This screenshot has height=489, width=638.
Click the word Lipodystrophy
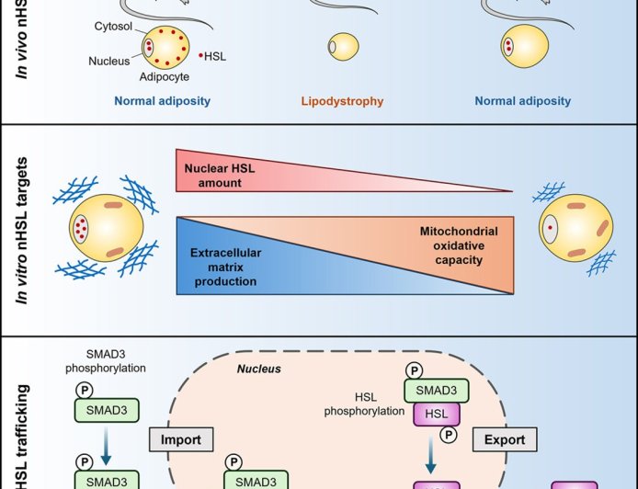pos(341,101)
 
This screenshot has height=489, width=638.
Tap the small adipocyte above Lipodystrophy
pos(344,47)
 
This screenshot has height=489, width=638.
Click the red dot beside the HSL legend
pos(201,56)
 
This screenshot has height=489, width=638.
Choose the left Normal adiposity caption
pos(162,101)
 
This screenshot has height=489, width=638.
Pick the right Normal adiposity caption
pos(522,101)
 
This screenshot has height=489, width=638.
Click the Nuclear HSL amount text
pos(213,176)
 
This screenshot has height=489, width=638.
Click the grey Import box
pos(181,439)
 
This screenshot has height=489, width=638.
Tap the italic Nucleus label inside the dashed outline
pos(259,369)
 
